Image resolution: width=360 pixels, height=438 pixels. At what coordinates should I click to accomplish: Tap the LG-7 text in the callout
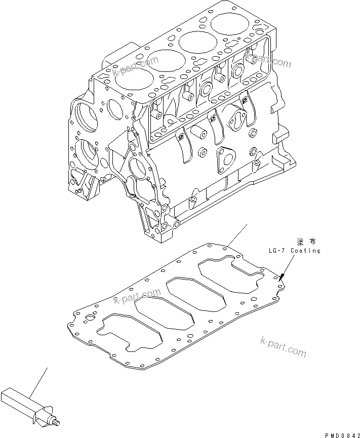coord(278,251)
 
